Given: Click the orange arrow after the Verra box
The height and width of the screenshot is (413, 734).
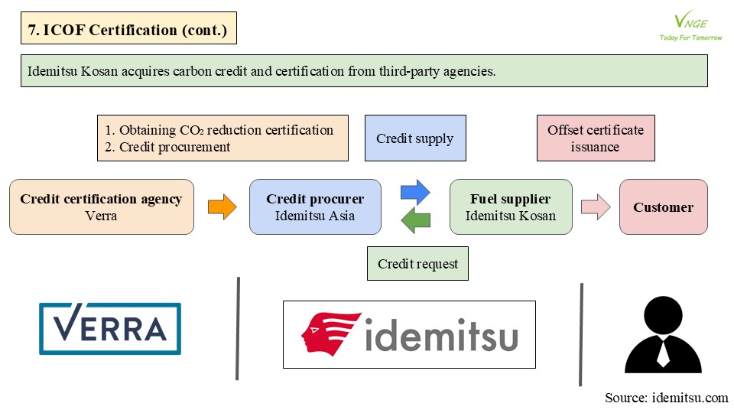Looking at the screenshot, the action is (x=222, y=206).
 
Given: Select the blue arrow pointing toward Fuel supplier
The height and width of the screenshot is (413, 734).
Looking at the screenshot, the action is (x=415, y=192).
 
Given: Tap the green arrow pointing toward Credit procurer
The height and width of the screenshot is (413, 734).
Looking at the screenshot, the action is (x=416, y=221).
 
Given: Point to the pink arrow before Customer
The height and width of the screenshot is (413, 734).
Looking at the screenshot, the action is (x=596, y=206).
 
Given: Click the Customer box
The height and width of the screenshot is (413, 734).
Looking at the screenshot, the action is (x=664, y=207).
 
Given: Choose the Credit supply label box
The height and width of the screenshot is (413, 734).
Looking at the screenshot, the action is (x=415, y=138).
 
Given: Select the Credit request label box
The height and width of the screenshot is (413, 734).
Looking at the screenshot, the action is (x=417, y=264).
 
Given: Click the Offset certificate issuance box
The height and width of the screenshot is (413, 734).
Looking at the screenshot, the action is (x=596, y=138).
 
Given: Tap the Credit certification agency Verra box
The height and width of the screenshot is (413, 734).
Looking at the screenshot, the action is (x=102, y=207).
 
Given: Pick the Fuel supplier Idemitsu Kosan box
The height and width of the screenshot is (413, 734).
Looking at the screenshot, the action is (x=511, y=207).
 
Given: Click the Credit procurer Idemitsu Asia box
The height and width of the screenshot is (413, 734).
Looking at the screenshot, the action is (x=315, y=207).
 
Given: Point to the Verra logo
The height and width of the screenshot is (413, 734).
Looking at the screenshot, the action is (x=110, y=329).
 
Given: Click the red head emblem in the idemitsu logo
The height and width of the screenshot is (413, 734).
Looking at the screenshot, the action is (x=330, y=333).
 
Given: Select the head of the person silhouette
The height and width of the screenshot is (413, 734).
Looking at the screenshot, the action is (x=663, y=315).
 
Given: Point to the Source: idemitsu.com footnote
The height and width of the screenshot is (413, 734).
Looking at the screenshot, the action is (x=667, y=398).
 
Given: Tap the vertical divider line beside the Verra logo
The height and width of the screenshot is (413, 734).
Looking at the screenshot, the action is (x=238, y=328).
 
